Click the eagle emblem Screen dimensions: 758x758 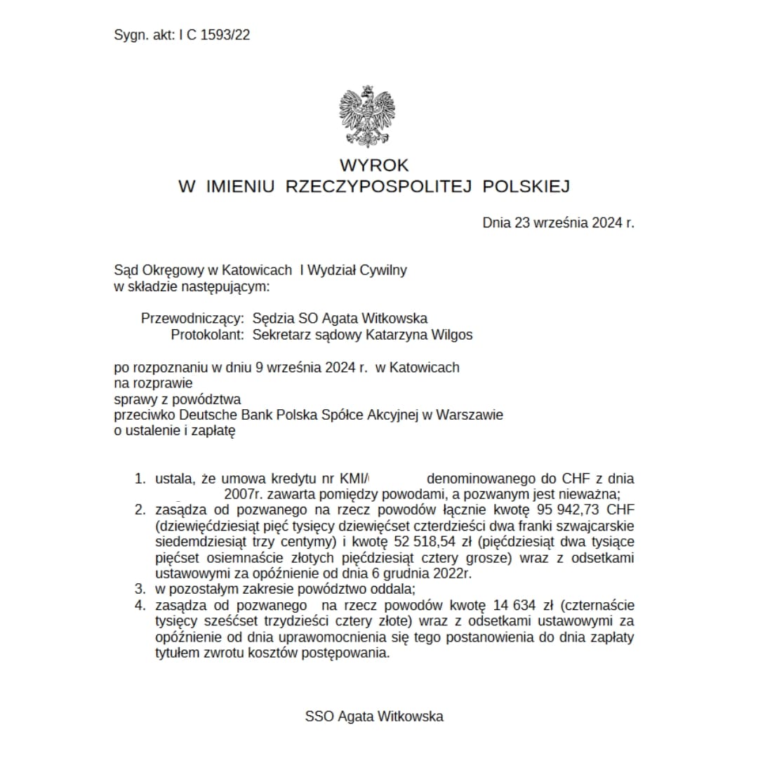tap(366, 117)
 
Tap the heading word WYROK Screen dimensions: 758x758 tap(374, 166)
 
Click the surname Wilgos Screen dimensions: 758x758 tap(453, 335)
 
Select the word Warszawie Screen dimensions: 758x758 tap(470, 415)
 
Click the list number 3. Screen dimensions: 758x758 tap(140, 589)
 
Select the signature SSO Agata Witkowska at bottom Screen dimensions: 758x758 tap(374, 717)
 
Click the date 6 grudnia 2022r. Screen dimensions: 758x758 tap(419, 573)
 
